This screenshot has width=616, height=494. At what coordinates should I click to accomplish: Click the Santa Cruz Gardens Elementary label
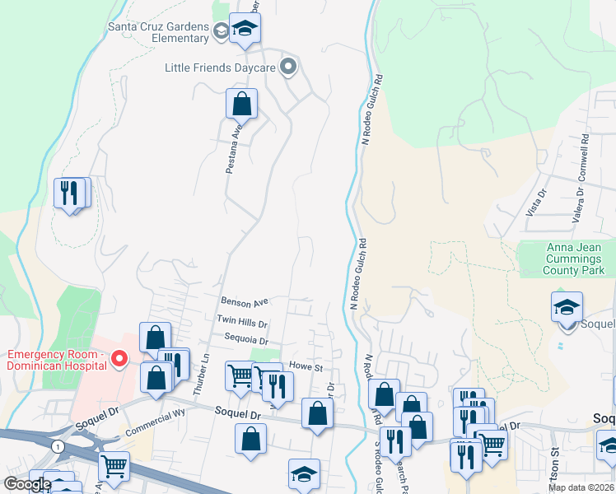158,31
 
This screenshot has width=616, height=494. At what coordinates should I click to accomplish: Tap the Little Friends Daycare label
219,68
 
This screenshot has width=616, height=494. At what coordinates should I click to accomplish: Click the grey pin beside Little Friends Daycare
288,67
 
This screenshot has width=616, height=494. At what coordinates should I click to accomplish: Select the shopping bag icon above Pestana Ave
241,105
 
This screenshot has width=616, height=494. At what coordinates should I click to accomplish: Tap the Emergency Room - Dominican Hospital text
56,360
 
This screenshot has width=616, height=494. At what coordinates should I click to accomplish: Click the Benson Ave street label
245,302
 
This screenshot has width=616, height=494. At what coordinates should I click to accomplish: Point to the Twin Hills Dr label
242,319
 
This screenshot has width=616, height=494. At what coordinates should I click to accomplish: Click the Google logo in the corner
27,484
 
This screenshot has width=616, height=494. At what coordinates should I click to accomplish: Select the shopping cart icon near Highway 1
114,467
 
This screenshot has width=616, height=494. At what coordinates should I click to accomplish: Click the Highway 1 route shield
56,445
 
